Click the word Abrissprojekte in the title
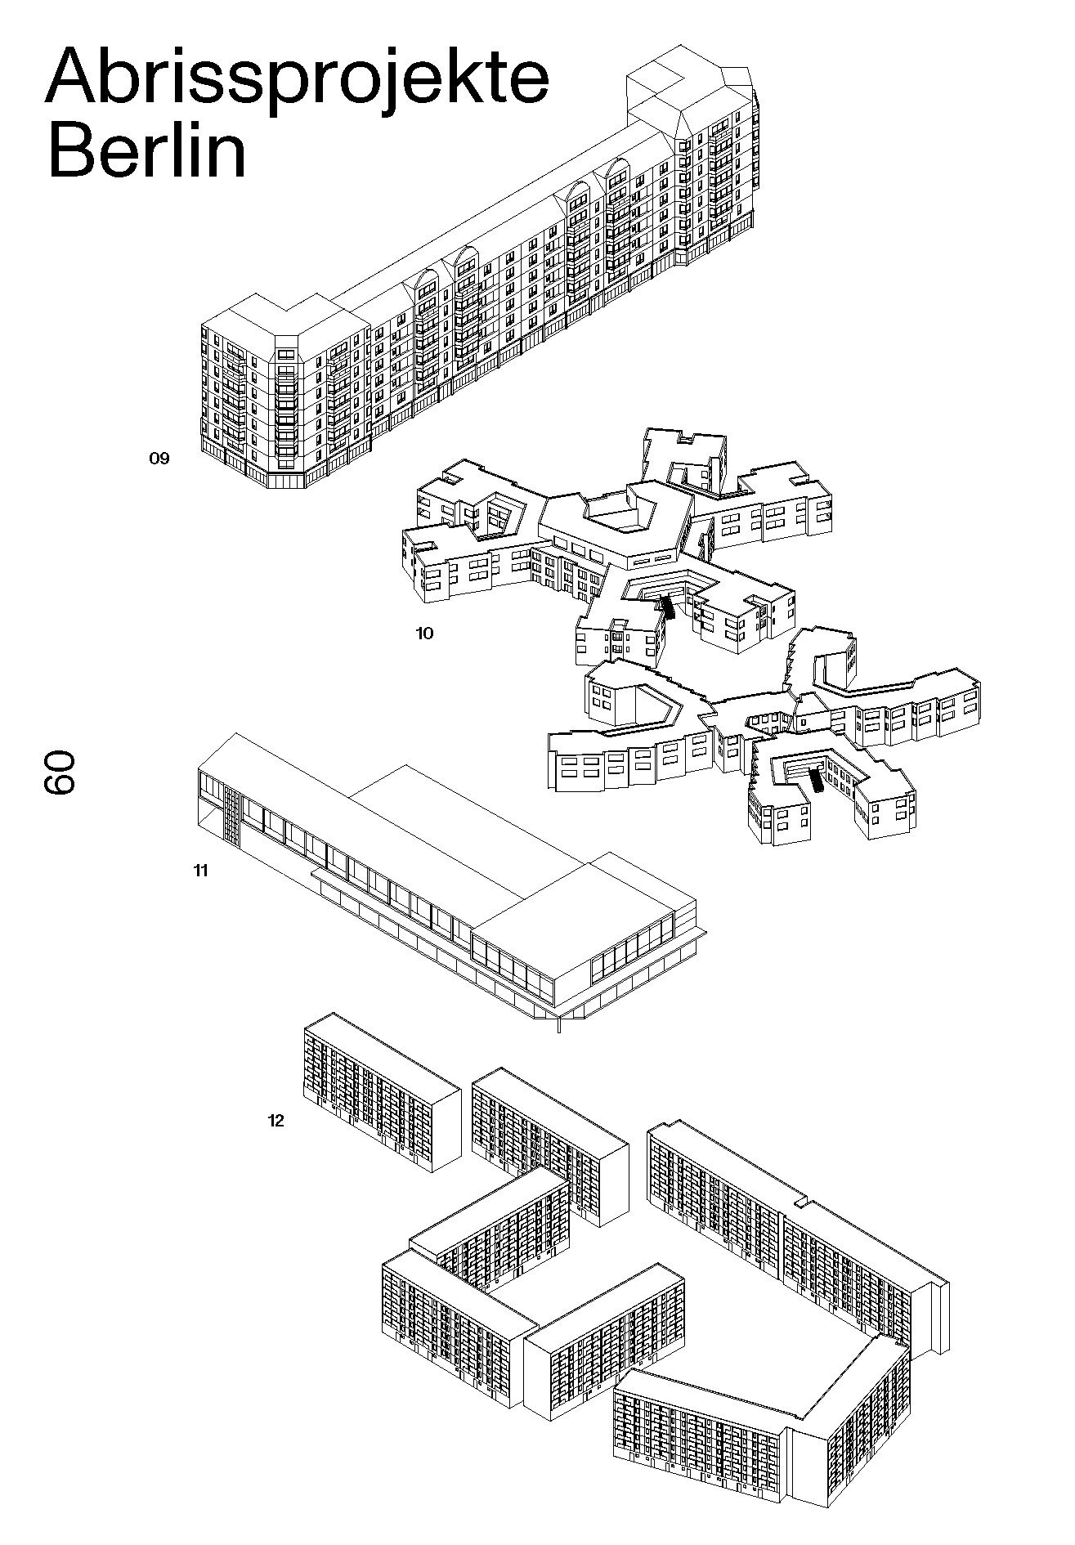coord(296,78)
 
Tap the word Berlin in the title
coord(147,150)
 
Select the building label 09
coord(159,459)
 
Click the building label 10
coord(424,633)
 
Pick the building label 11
coord(200,871)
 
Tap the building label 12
coord(275,1121)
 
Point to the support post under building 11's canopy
coord(560,1023)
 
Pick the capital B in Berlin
coord(73,150)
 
